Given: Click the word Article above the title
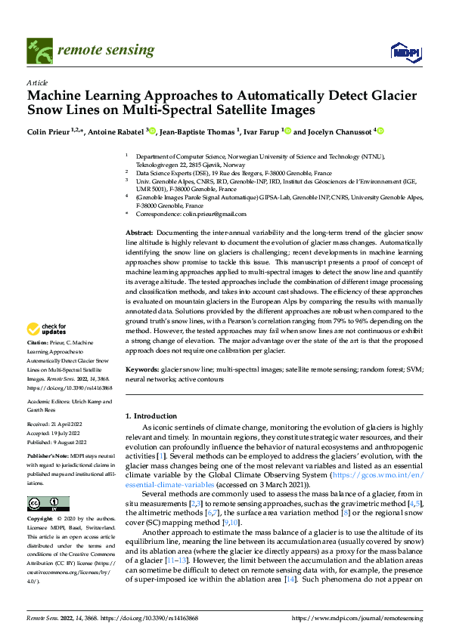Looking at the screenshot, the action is (x=37, y=82).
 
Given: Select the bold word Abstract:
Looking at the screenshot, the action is (x=139, y=233).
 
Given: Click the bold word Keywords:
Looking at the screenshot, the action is (x=142, y=369).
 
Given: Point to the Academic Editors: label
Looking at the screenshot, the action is (x=49, y=402).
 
